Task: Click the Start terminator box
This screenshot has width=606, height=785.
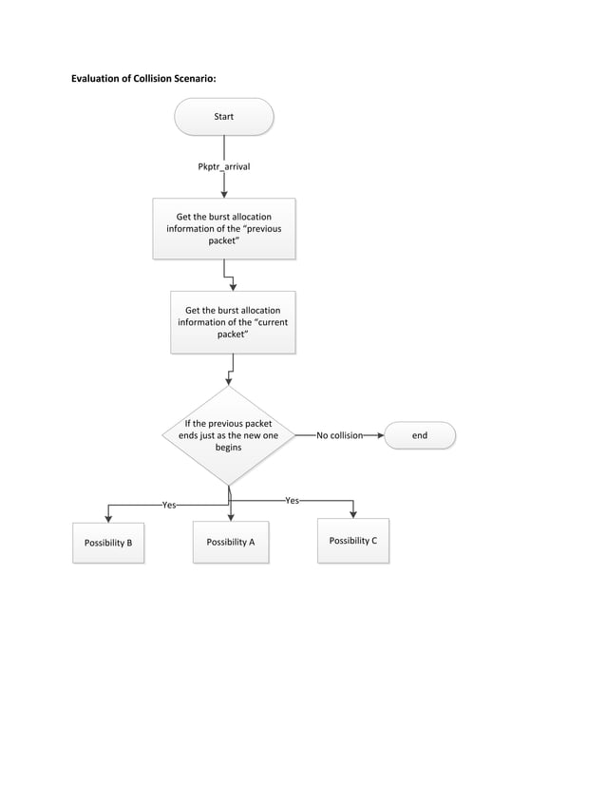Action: [x=224, y=117]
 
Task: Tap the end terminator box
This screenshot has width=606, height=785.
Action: [x=419, y=435]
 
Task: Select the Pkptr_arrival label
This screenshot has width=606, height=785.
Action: [x=224, y=166]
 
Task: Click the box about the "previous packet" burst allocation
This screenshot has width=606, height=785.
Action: [x=224, y=229]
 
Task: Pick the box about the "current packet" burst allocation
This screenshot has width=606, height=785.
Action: [x=233, y=322]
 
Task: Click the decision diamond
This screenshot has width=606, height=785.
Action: [x=229, y=435]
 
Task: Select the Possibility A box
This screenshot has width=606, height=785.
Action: [x=230, y=542]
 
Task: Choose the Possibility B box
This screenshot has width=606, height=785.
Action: [x=108, y=543]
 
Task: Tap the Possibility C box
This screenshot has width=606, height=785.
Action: [x=353, y=541]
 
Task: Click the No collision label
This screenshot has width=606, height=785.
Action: [x=339, y=435]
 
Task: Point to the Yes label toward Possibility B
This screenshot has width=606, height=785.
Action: [x=169, y=506]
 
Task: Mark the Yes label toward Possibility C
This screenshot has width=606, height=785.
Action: [x=293, y=500]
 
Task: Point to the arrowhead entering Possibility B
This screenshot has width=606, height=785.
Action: [x=108, y=517]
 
